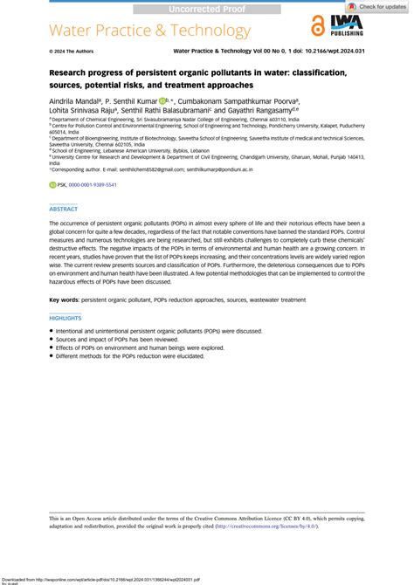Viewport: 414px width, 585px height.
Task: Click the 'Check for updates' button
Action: click(376, 6)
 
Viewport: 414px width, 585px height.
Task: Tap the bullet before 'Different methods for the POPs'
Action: click(51, 356)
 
